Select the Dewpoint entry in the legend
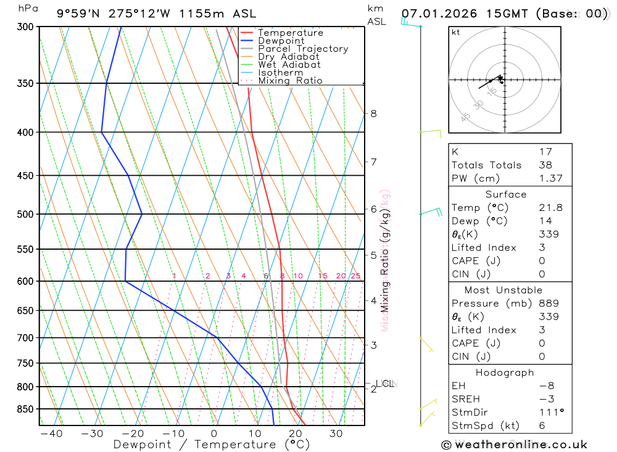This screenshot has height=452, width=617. [281, 41]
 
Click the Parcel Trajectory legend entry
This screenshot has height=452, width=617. [302, 49]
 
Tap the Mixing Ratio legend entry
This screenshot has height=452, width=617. [290, 81]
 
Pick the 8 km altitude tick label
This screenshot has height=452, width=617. [373, 113]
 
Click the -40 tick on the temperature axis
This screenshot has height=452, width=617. [51, 434]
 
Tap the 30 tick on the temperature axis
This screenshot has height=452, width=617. [336, 434]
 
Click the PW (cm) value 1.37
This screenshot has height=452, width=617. [545, 178]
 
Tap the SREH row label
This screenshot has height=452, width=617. [466, 399]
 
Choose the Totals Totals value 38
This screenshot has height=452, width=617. [545, 165]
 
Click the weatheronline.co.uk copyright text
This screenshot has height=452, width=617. [514, 445]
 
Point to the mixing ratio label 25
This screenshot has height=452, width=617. [355, 276]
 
